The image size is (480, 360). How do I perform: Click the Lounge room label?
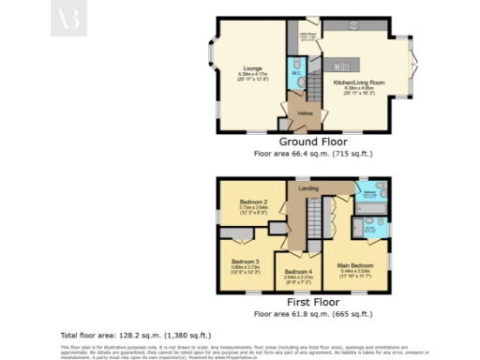(x=252, y=68)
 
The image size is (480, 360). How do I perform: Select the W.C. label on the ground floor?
(x=295, y=73)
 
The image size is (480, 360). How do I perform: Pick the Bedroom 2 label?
(x=253, y=202)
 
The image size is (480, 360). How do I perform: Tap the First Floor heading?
(x=308, y=303)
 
